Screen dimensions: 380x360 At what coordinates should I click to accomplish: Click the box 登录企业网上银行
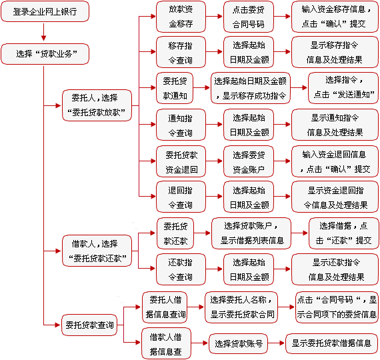pos(45,11)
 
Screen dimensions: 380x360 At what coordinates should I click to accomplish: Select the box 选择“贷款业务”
pos(45,54)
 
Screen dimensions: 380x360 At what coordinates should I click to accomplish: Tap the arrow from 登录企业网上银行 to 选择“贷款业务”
pos(43,32)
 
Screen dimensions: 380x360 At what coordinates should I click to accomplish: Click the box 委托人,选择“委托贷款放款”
pos(97,105)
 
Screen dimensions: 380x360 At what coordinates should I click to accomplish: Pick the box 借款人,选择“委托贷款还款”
pos(97,251)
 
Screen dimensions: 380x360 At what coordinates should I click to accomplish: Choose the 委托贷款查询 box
pos(89,325)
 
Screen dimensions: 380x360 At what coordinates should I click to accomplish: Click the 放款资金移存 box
pos(181,17)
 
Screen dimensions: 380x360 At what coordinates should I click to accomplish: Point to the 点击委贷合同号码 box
pos(249,17)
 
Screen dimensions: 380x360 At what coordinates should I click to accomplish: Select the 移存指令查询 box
pos(181,52)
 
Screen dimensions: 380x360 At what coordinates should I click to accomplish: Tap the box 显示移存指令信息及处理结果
pos(335,52)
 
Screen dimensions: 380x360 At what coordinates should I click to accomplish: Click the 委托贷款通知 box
pos(175,88)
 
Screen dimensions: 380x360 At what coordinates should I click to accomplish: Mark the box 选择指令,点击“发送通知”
pos(343,88)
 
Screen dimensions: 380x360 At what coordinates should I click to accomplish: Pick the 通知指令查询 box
pos(181,125)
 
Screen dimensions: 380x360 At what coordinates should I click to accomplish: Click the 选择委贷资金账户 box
pos(249,161)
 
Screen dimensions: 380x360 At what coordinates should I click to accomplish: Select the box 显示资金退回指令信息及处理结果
pos(335,197)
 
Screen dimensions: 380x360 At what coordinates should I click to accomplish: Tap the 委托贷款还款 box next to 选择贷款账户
pos(175,233)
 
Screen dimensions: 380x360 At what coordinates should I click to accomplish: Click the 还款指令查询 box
pos(181,269)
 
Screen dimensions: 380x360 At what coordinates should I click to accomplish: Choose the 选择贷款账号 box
pos(238,343)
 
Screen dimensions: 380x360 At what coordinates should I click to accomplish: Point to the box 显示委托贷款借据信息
pos(331,343)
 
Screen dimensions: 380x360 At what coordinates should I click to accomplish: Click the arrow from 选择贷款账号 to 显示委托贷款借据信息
pos(276,343)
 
